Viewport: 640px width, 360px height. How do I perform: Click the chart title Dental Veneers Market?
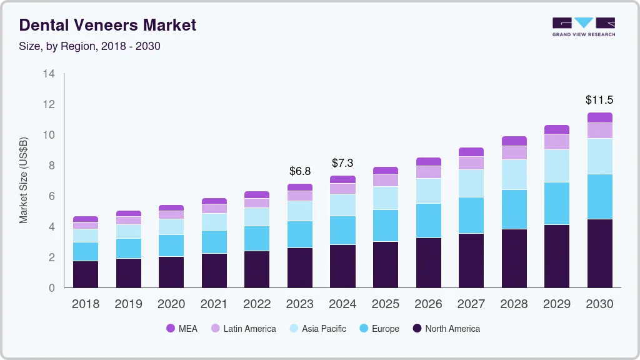107,25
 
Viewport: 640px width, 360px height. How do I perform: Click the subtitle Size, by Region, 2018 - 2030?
89,46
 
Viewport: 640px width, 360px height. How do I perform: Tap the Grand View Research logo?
583,26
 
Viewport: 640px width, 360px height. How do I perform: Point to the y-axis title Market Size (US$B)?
24,180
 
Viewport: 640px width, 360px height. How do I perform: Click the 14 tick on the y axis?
49,74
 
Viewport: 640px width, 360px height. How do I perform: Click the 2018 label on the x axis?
85,304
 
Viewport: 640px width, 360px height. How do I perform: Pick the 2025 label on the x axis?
386,304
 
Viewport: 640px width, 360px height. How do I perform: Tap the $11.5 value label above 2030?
599,100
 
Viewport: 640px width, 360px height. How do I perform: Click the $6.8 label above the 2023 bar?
300,171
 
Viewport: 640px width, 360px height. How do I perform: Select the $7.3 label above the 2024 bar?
342,163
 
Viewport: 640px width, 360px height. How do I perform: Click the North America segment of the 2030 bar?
599,253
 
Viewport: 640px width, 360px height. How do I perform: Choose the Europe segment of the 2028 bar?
514,209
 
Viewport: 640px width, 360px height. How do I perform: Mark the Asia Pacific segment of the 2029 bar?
557,166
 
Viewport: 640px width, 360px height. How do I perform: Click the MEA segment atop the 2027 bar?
471,152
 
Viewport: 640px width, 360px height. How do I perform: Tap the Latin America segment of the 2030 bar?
599,131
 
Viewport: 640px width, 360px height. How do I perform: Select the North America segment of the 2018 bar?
86,274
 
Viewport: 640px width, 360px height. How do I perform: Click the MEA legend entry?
182,329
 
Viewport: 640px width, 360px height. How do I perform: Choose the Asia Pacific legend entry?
316,329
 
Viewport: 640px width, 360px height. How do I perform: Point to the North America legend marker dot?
417,329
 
